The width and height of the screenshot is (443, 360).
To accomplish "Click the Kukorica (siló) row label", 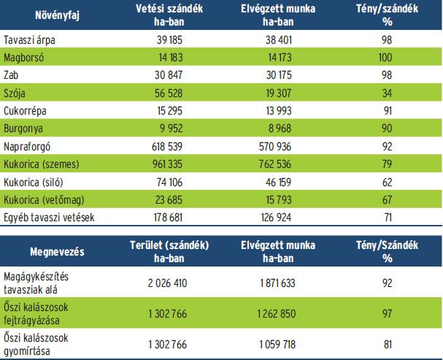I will [x=33, y=181].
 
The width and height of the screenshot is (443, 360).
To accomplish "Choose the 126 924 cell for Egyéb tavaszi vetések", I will [x=277, y=216].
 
